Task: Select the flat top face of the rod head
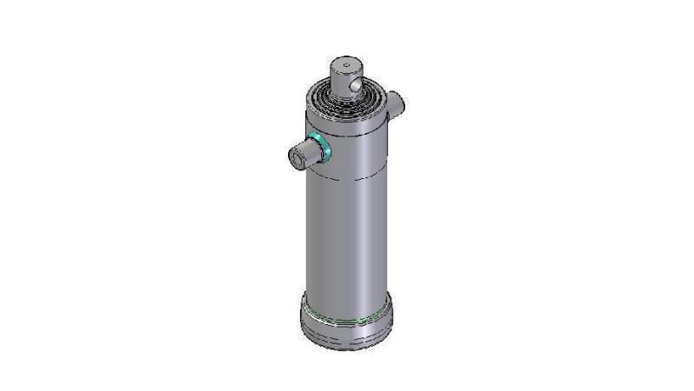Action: tap(345, 65)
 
